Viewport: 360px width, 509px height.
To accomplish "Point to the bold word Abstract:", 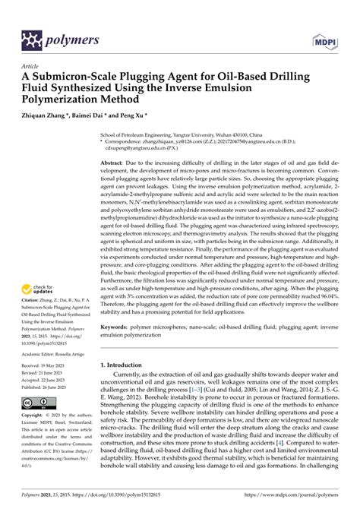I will pos(115,163).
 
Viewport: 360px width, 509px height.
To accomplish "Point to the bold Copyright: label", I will pos(35,416).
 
